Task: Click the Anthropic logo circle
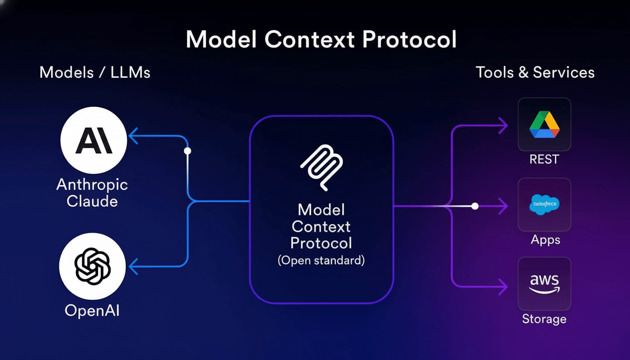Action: click(94, 140)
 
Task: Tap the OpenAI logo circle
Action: click(92, 266)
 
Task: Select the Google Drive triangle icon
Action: click(544, 125)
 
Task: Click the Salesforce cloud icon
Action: click(544, 205)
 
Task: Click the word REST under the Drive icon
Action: click(544, 160)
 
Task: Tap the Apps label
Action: click(545, 240)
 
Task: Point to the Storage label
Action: click(544, 319)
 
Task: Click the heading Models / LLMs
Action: click(95, 73)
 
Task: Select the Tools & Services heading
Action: click(535, 73)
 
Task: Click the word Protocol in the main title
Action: click(409, 40)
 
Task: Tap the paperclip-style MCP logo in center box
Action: click(321, 167)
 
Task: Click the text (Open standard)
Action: click(321, 261)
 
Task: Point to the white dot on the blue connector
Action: click(187, 151)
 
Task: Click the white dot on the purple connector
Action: click(475, 206)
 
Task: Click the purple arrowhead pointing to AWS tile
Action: click(503, 285)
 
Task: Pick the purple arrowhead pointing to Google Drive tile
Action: click(503, 125)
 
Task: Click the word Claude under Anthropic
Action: click(92, 202)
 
